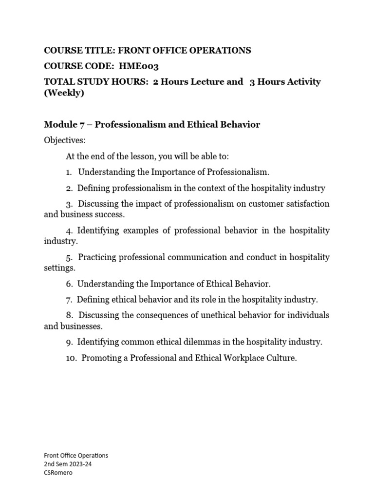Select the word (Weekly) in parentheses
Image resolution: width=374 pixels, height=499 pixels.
[64, 93]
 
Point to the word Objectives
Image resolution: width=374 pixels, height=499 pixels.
[64, 140]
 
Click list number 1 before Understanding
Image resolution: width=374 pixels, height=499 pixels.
[70, 172]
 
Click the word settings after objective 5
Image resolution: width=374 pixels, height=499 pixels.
[59, 268]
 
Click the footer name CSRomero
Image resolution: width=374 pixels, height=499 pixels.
[58, 473]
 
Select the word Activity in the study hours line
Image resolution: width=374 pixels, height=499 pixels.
[302, 81]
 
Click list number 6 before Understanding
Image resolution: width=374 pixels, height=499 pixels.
[70, 284]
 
